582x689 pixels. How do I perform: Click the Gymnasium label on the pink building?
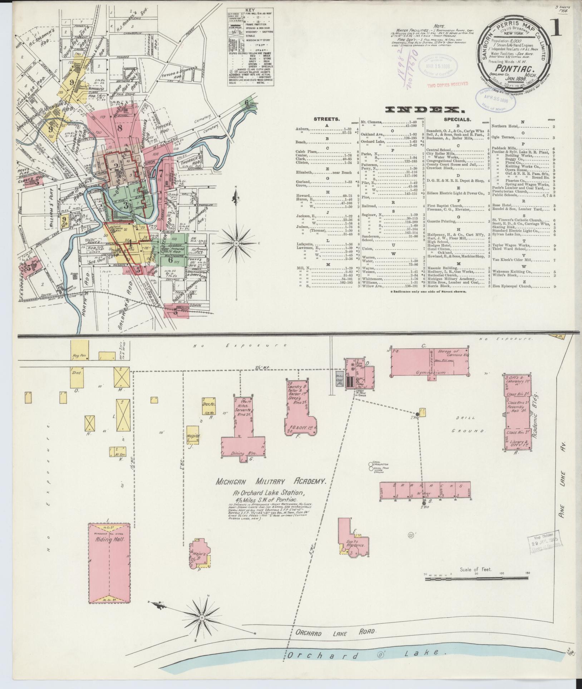click(x=430, y=373)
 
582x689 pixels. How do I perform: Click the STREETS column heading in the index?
click(x=326, y=119)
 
